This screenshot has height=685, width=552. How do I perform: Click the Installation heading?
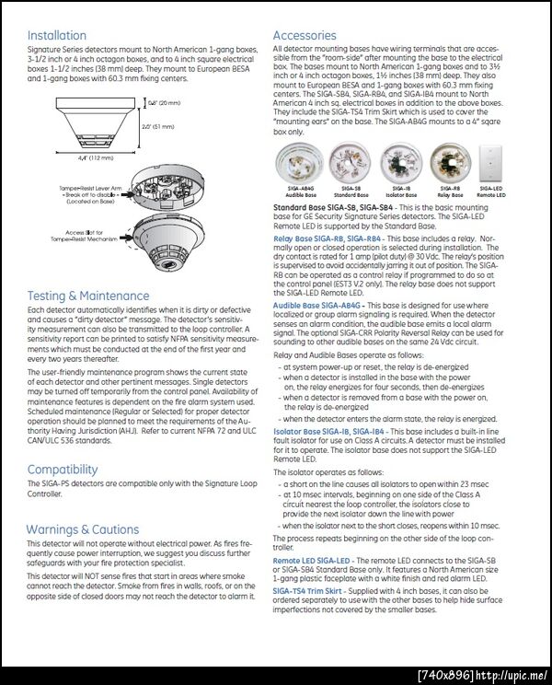[57, 36]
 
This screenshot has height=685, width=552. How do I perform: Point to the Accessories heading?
[305, 36]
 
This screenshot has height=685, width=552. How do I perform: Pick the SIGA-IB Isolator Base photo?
[401, 165]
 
